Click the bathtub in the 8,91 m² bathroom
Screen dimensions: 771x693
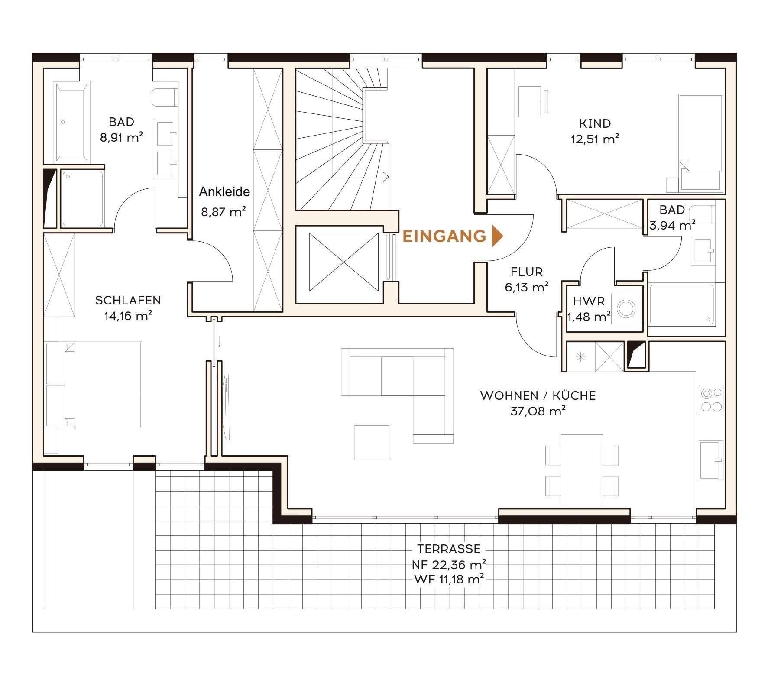pos(72,122)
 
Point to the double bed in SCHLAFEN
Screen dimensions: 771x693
pos(94,385)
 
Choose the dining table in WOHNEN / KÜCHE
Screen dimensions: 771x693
pos(582,469)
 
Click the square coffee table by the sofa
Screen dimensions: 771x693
pos(372,443)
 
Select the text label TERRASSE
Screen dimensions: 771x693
pos(449,549)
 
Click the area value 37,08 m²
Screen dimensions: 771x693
pos(538,411)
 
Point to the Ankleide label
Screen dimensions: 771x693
pos(224,191)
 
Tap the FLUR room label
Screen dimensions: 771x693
pos(527,272)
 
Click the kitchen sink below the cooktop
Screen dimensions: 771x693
pos(711,460)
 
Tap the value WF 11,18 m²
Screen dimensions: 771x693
pos(449,579)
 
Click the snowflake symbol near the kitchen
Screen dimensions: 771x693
pos(580,357)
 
